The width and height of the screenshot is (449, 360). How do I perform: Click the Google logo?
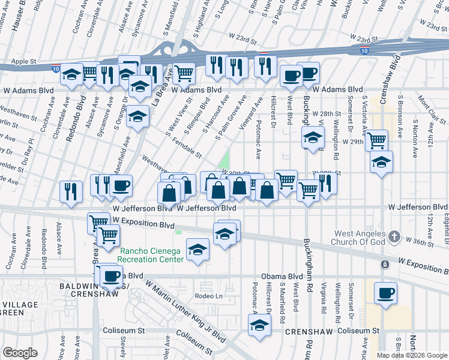[20, 353]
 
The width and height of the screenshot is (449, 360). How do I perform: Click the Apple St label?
[24, 61]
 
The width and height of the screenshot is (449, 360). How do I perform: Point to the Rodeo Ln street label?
[209, 296]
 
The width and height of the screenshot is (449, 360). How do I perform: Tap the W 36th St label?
[419, 241]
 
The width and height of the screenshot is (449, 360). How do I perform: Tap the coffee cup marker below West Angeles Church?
[385, 294]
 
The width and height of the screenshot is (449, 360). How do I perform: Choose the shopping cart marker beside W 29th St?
[376, 140]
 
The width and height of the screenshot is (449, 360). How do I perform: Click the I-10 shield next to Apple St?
[55, 68]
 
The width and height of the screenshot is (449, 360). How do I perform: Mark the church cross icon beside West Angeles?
[394, 236]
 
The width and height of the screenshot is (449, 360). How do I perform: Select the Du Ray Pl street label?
[28, 160]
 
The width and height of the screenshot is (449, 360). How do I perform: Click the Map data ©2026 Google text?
[412, 355]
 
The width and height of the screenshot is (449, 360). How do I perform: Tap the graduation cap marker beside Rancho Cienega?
[197, 251]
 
